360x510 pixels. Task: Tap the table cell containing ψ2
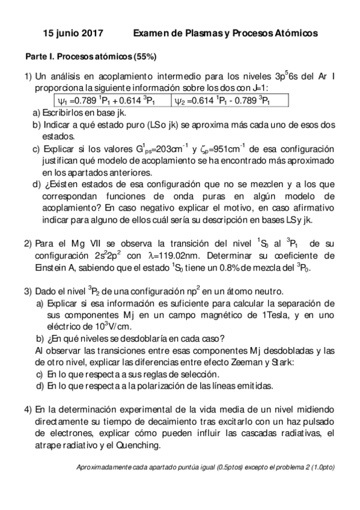point(222,101)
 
